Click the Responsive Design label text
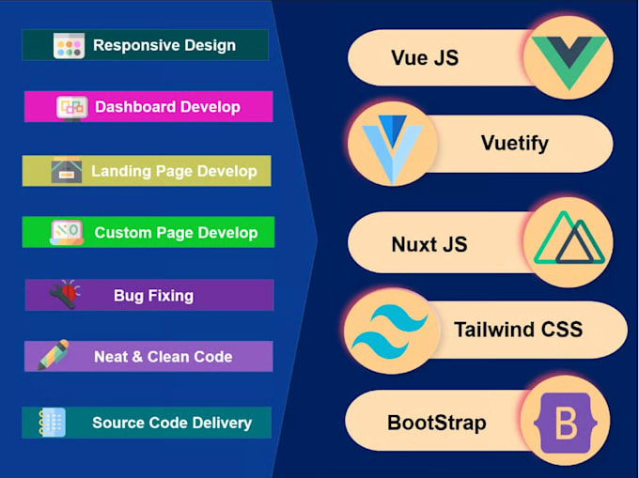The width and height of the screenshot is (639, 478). pyautogui.click(x=164, y=45)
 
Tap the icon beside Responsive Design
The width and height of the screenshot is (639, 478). pyautogui.click(x=70, y=45)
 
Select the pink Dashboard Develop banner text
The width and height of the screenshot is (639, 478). pyautogui.click(x=167, y=107)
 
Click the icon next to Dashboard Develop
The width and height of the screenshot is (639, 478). pyautogui.click(x=71, y=107)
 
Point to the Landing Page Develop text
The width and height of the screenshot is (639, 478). pyautogui.click(x=174, y=171)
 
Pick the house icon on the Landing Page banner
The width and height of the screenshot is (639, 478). pyautogui.click(x=66, y=171)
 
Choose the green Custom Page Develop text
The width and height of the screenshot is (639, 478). pyautogui.click(x=176, y=233)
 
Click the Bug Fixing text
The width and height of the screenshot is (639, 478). pyautogui.click(x=153, y=296)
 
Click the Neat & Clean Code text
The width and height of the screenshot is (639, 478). pyautogui.click(x=163, y=357)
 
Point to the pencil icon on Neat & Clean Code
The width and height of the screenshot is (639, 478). pyautogui.click(x=53, y=356)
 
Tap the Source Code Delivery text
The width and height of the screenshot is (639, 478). pyautogui.click(x=172, y=423)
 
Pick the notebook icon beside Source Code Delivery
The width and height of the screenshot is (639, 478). pyautogui.click(x=52, y=422)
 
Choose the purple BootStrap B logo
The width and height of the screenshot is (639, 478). pyautogui.click(x=566, y=423)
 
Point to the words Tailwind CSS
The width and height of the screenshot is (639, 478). pyautogui.click(x=518, y=330)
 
